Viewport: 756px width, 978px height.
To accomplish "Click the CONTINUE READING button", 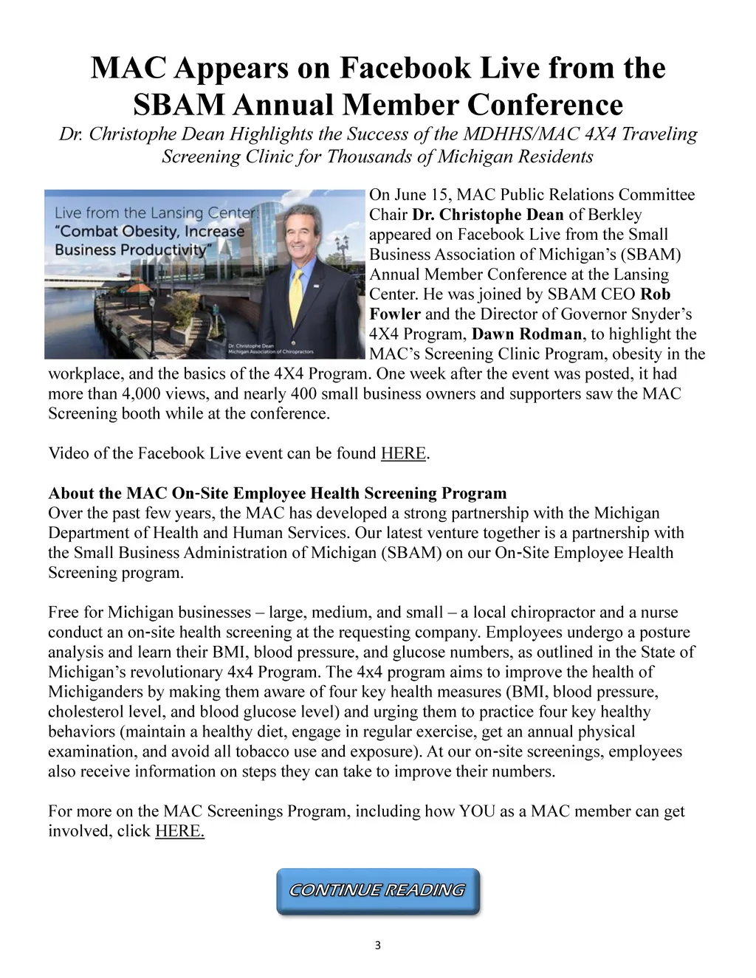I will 378,891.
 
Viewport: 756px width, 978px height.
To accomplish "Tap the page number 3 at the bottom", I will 378,946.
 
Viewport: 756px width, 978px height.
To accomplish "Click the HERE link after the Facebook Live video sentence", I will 403,453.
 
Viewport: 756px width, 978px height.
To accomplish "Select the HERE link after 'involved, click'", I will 179,831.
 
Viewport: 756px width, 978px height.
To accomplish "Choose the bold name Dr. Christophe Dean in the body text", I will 488,215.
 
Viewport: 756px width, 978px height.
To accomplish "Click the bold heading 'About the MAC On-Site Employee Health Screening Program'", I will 278,493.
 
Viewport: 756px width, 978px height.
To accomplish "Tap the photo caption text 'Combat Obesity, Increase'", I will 150,231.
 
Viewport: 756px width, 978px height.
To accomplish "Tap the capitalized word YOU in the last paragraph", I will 477,811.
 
